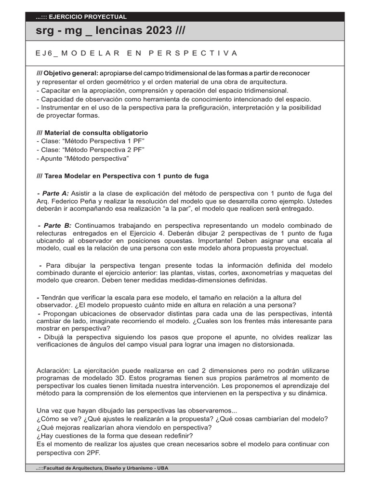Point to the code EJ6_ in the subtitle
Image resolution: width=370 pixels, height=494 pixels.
pyautogui.click(x=47, y=53)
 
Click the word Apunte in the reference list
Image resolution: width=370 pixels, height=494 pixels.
pyautogui.click(x=53, y=158)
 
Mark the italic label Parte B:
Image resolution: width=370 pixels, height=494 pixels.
pyautogui.click(x=57, y=225)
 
